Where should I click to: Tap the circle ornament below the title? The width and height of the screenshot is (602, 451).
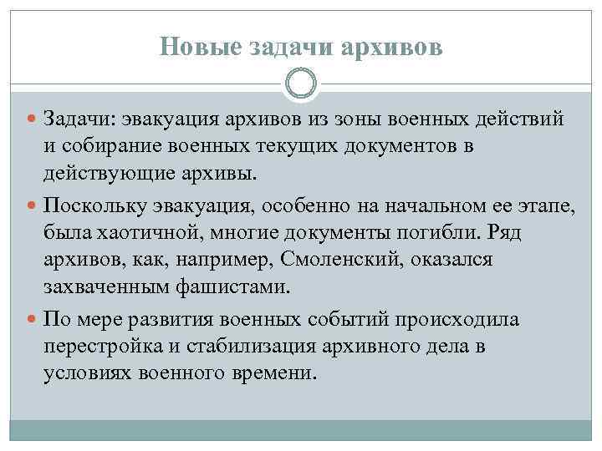click(301, 84)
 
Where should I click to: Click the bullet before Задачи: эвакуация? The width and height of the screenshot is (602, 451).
click(33, 120)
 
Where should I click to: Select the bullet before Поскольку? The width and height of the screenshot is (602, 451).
click(33, 205)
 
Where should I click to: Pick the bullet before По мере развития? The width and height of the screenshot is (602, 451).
click(33, 319)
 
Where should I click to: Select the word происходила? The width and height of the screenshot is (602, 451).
click(456, 319)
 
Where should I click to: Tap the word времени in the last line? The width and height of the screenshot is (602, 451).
click(273, 374)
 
